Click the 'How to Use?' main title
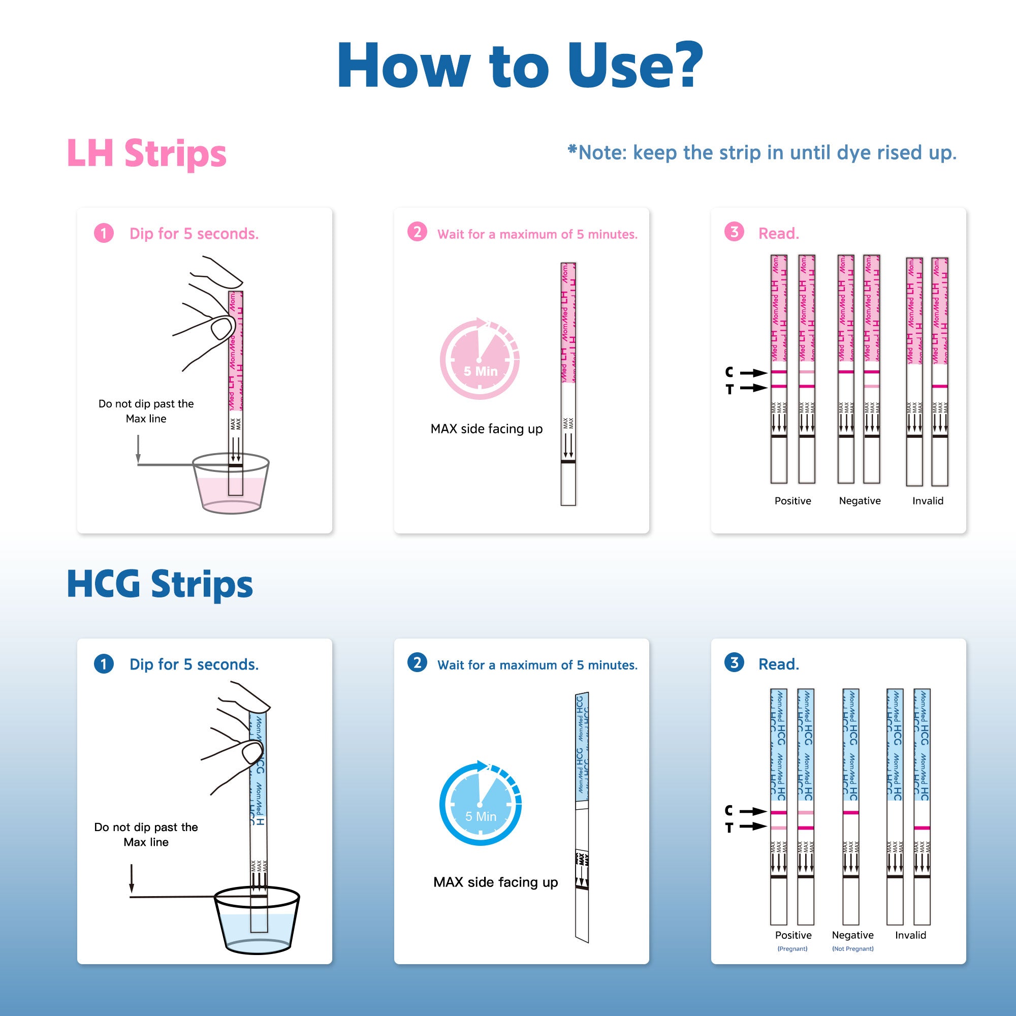click(x=520, y=66)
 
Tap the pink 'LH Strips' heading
click(x=146, y=153)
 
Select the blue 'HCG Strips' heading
click(x=160, y=584)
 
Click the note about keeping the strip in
click(x=762, y=152)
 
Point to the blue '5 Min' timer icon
click(x=480, y=804)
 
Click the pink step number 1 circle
click(x=104, y=233)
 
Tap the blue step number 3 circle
click(x=734, y=662)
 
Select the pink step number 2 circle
click(x=417, y=232)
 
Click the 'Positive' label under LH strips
click(x=792, y=501)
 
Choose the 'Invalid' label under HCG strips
click(x=910, y=935)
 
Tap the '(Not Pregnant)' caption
click(x=852, y=948)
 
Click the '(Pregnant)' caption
click(x=792, y=948)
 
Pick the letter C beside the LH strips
click(x=729, y=372)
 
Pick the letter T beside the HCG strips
click(x=729, y=828)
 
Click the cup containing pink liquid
click(x=231, y=487)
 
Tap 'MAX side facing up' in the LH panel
click(x=487, y=429)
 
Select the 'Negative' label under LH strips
click(x=860, y=501)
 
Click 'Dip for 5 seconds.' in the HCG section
click(x=194, y=664)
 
